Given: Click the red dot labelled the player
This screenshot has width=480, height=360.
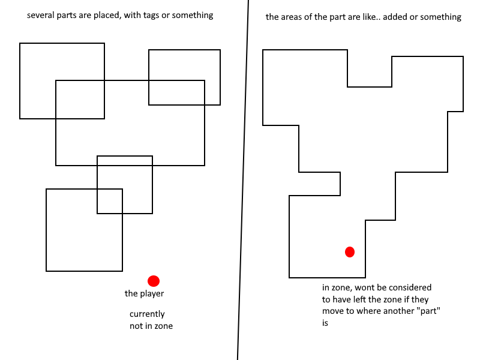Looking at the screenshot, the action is (x=154, y=281).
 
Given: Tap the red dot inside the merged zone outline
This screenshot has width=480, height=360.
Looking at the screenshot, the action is (x=350, y=252).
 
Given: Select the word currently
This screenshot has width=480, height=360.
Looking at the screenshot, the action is (x=147, y=314).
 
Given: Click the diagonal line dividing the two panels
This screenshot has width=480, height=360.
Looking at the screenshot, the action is (x=243, y=180).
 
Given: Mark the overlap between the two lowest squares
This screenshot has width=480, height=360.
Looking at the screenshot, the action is (x=110, y=201).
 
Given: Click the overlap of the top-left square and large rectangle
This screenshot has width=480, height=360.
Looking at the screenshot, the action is (x=80, y=100).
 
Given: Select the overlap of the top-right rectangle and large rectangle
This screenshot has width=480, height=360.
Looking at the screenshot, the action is (x=176, y=93).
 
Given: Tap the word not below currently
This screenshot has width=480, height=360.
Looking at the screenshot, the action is (x=135, y=326).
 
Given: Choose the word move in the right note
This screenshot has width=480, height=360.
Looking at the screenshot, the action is (x=333, y=311).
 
